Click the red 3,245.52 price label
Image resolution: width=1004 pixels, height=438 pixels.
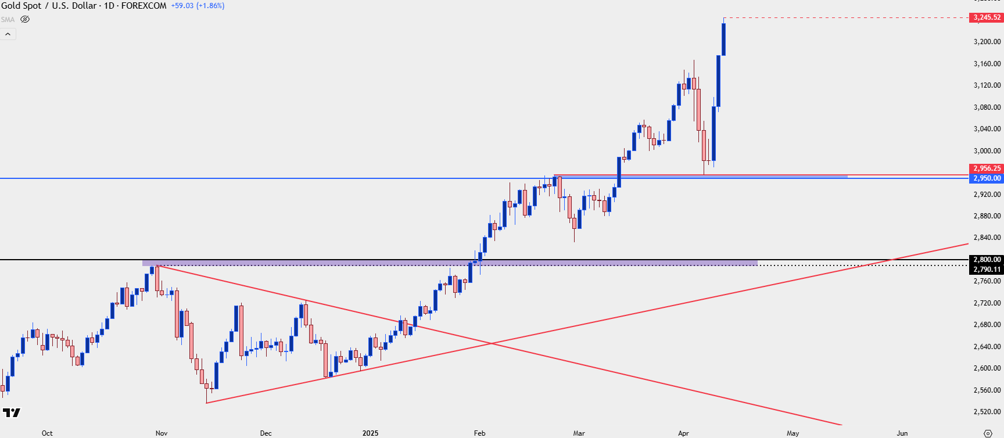tap(987, 17)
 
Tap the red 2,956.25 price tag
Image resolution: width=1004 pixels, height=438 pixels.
tap(987, 168)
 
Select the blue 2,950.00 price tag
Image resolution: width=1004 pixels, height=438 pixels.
tap(987, 178)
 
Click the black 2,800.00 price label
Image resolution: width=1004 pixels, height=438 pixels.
tap(987, 260)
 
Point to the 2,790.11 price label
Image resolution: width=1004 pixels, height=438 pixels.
tap(987, 270)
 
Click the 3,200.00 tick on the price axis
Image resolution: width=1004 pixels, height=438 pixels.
tap(987, 42)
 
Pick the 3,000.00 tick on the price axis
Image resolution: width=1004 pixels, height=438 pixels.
tap(987, 151)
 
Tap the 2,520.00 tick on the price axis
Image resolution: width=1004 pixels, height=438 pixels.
tap(987, 412)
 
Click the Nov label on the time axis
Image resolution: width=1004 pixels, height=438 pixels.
tap(162, 433)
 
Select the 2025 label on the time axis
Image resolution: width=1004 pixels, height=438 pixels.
tap(370, 433)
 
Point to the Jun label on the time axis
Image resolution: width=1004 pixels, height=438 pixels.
tap(902, 433)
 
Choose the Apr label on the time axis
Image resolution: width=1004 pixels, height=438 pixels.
tap(683, 433)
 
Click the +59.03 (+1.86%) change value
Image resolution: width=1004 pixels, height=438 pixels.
tap(198, 6)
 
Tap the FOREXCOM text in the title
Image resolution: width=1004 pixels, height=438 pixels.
tap(144, 6)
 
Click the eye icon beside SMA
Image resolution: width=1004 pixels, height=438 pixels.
tap(25, 19)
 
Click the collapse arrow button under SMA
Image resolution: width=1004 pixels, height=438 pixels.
tap(8, 34)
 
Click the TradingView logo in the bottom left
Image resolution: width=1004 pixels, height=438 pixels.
tap(11, 413)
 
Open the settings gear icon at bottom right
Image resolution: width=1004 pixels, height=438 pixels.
tap(988, 433)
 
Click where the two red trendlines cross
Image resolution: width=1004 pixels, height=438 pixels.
tap(492, 344)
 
